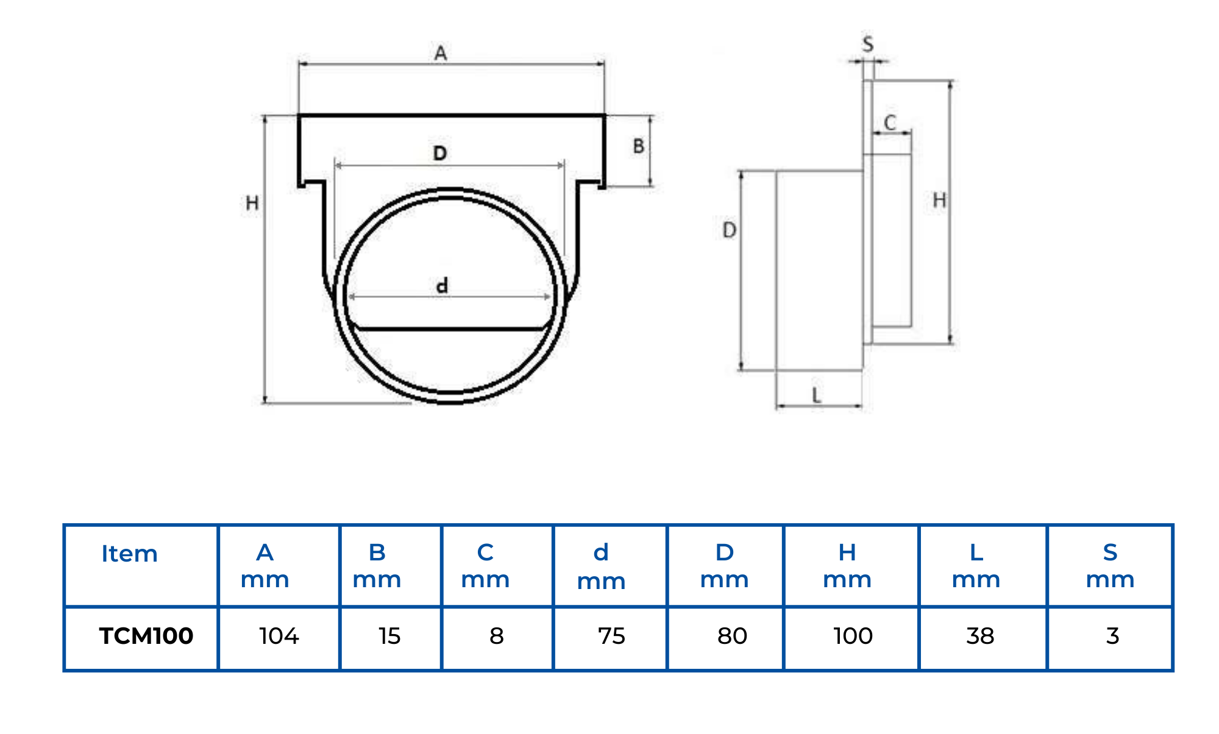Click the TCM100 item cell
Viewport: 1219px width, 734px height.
coord(146,636)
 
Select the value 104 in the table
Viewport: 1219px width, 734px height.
coord(279,636)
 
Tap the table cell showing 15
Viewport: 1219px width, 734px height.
coord(389,636)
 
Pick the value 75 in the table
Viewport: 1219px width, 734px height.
coord(611,636)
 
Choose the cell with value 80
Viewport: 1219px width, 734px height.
coord(731,636)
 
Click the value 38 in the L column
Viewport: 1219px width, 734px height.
coord(980,636)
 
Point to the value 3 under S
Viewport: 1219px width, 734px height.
coord(1112,636)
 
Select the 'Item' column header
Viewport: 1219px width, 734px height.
coord(129,554)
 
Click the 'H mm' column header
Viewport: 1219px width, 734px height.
coord(847,565)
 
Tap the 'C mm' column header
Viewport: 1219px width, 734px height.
coord(485,565)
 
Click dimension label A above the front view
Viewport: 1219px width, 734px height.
coord(441,54)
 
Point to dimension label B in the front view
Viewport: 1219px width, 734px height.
coord(638,146)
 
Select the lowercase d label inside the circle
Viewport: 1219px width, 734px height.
coord(442,285)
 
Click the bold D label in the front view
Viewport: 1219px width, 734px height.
coord(440,153)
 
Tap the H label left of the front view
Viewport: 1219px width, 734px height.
coord(252,203)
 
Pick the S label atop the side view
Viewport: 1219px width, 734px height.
coord(868,44)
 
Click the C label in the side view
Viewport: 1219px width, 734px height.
coord(890,123)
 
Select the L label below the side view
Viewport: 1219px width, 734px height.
coord(817,395)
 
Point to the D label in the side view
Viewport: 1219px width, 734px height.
coord(729,230)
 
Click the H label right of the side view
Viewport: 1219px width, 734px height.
coord(939,200)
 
